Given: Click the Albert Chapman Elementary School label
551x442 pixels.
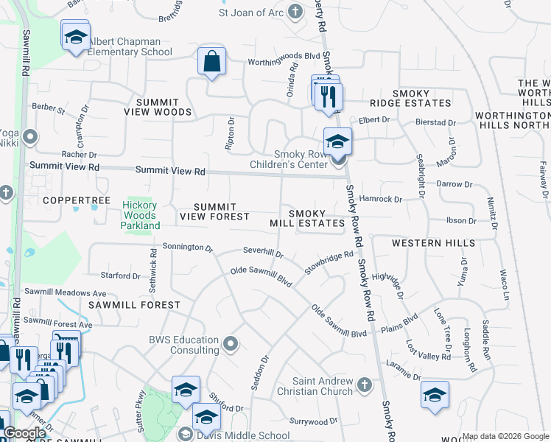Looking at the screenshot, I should point(130,47).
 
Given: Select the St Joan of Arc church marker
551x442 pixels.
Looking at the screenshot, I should point(295,12).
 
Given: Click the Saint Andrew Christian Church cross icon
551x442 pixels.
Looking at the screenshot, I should point(364,384).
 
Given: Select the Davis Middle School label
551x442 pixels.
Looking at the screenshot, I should point(248,435).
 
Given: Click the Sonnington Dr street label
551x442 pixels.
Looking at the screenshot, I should point(187,247).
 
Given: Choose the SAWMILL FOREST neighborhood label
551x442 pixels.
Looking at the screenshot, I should point(134,305).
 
